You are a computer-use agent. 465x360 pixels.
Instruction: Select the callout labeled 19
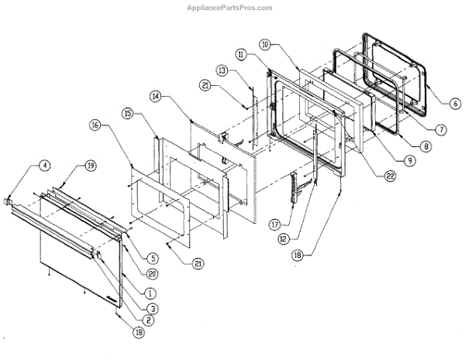point(91,166)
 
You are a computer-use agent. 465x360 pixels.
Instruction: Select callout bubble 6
point(454,102)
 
